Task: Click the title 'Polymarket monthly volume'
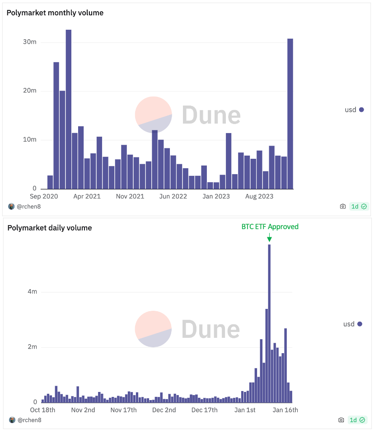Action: (x=55, y=13)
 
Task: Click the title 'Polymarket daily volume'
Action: (x=50, y=228)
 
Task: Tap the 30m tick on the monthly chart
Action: (x=30, y=42)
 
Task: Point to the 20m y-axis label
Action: (x=30, y=91)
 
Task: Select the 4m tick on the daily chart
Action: (x=32, y=292)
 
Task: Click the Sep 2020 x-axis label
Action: (x=44, y=196)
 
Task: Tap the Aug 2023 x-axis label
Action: (x=258, y=196)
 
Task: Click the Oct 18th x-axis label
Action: (x=42, y=410)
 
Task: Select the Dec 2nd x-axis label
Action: (x=164, y=410)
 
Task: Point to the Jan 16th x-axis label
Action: (x=285, y=410)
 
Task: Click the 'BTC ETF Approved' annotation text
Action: (x=270, y=227)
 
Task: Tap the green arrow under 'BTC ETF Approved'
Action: (x=269, y=238)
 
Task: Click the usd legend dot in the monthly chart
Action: (x=361, y=110)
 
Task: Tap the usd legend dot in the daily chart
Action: (x=360, y=324)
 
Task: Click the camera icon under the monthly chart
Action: (x=343, y=207)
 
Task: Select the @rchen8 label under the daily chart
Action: (x=30, y=420)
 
